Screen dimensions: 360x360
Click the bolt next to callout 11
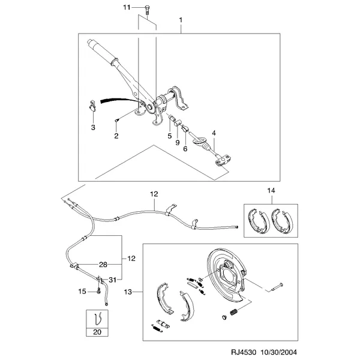pyautogui.click(x=147, y=10)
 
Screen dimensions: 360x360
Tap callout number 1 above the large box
pyautogui.click(x=181, y=20)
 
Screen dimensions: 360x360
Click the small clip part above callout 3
pyautogui.click(x=92, y=106)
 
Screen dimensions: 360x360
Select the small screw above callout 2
pyautogui.click(x=118, y=120)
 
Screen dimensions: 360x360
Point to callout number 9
pyautogui.click(x=177, y=143)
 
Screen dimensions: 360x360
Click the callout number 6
pyautogui.click(x=185, y=149)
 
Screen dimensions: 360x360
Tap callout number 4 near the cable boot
pyautogui.click(x=214, y=133)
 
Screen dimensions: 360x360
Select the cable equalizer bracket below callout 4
pyautogui.click(x=223, y=160)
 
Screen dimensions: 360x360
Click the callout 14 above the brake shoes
pyautogui.click(x=271, y=191)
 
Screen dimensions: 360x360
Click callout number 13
pyautogui.click(x=128, y=292)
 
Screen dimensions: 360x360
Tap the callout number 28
pyautogui.click(x=103, y=265)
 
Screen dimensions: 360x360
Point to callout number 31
pyautogui.click(x=112, y=280)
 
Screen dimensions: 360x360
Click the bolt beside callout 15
pyautogui.click(x=99, y=291)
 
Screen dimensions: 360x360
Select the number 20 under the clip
pyautogui.click(x=97, y=332)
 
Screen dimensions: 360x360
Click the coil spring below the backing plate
pyautogui.click(x=234, y=312)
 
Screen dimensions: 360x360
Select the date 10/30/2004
pyautogui.click(x=278, y=352)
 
